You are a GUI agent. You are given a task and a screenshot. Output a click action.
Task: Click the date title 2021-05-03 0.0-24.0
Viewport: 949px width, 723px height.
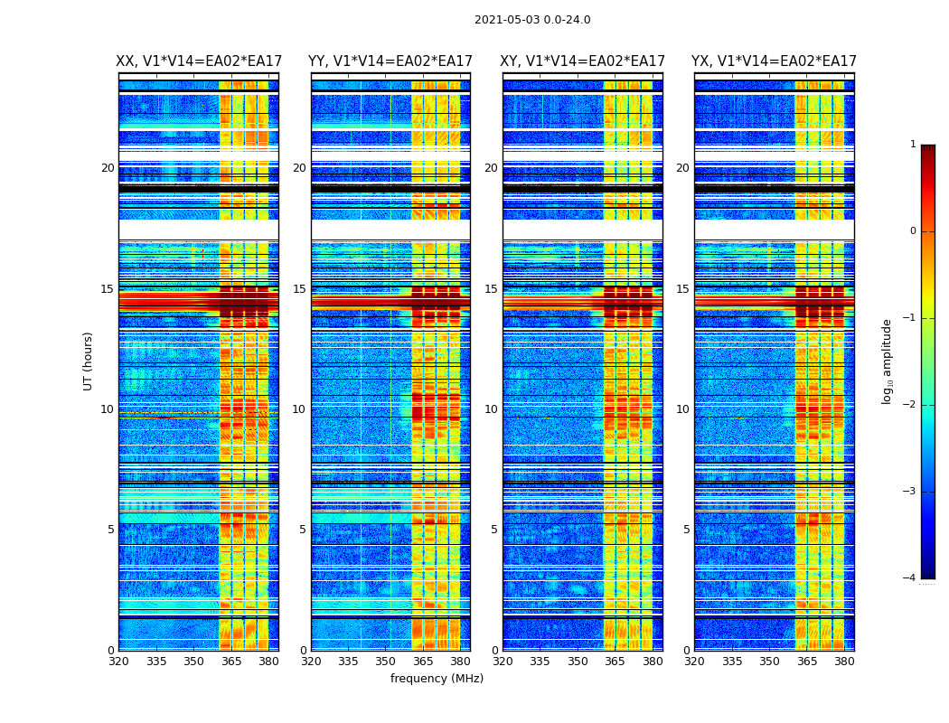532,20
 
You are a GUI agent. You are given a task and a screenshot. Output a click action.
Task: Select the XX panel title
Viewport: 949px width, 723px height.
199,61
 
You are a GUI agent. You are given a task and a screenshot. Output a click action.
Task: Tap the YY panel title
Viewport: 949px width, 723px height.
390,61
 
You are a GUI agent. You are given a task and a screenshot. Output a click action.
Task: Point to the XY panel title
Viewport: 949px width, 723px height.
583,61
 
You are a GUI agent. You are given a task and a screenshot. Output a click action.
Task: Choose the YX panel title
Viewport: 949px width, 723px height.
774,61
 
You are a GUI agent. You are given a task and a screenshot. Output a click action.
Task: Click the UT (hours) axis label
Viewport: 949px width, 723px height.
89,361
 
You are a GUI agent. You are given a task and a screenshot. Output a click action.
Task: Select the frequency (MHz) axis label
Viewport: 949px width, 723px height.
437,679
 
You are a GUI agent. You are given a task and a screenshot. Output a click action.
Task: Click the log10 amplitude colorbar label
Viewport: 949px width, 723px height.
888,361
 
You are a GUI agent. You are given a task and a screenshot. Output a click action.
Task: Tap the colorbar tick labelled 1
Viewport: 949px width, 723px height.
913,145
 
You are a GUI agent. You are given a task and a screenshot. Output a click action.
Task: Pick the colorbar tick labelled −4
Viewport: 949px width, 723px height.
910,578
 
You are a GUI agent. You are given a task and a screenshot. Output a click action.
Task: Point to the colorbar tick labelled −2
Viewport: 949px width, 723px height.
910,405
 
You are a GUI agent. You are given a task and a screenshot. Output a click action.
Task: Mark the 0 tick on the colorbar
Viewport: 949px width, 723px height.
913,231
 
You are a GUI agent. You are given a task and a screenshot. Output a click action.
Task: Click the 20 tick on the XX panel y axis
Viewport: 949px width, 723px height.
108,168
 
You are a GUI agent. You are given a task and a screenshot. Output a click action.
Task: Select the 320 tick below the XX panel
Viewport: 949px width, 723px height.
118,662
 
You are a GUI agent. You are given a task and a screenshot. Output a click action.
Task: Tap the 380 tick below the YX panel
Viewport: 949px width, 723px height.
844,662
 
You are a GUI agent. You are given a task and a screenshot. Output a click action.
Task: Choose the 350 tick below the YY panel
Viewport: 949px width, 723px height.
386,662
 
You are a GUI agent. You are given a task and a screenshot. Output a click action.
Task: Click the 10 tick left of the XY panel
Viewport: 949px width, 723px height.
491,409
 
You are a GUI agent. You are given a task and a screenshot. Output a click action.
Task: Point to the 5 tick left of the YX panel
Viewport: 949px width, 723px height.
686,530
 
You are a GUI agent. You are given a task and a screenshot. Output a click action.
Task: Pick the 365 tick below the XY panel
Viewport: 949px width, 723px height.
615,662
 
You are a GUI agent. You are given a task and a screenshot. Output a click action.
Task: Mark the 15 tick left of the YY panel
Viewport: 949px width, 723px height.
299,289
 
